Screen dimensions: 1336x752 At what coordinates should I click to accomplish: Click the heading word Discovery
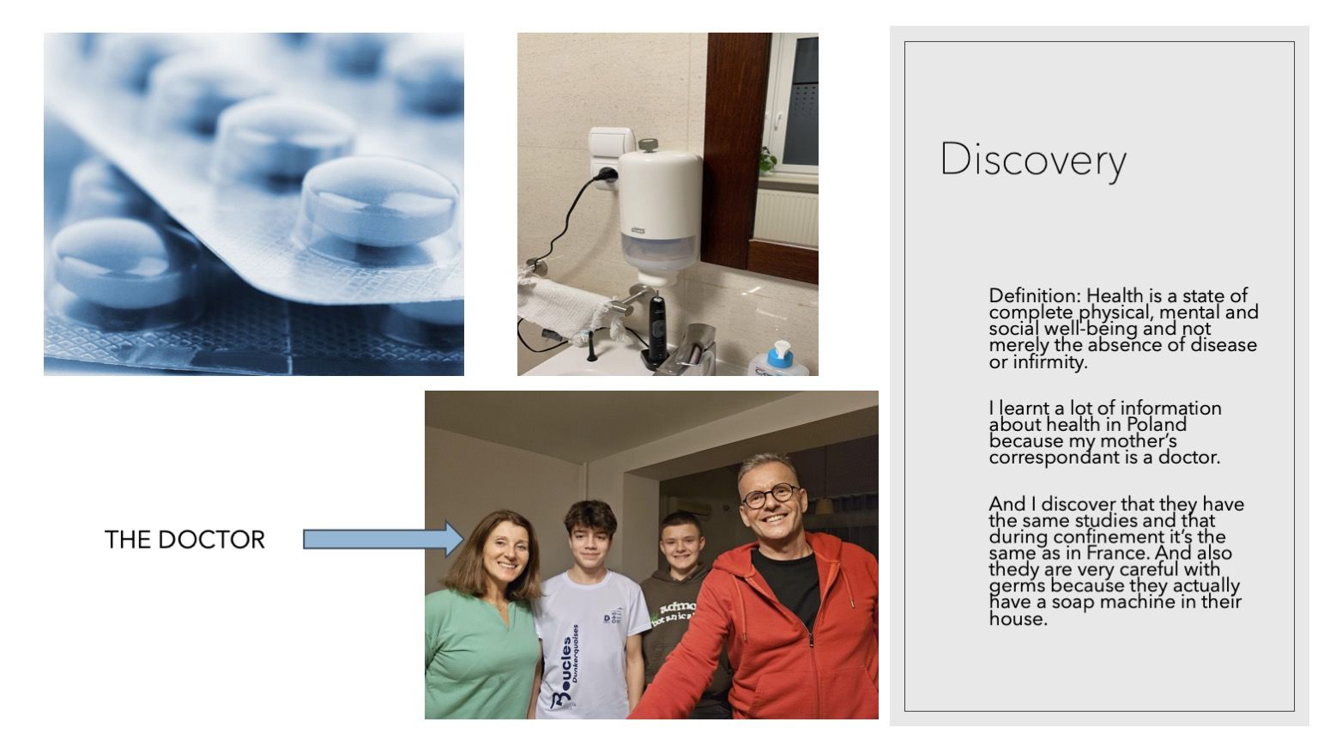coord(1033,160)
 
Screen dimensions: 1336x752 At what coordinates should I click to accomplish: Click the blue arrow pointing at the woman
coord(383,539)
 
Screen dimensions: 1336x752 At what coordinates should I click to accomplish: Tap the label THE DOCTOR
coord(184,539)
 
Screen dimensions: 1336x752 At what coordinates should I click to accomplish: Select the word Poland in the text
coord(1156,424)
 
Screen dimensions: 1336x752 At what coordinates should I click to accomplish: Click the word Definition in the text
coord(1035,295)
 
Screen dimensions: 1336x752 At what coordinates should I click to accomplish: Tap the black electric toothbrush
coord(656,327)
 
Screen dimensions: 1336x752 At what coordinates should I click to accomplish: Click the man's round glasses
coord(770,495)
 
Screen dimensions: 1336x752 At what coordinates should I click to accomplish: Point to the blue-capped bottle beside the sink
coord(777,360)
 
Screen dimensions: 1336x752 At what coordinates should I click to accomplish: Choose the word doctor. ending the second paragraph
coord(1188,458)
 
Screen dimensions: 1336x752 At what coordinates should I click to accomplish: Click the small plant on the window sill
coord(767,160)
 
